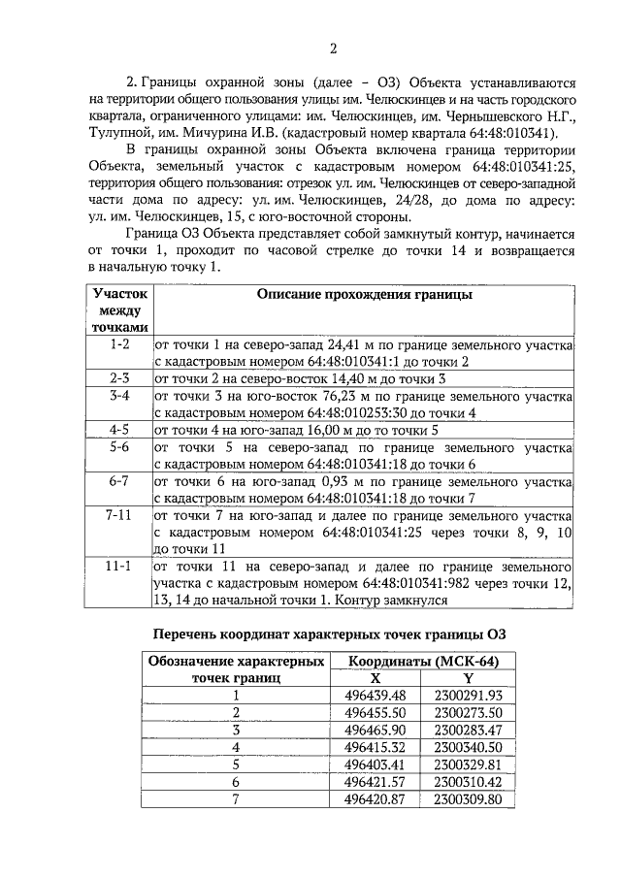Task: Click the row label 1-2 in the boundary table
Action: tap(120, 344)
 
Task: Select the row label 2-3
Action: tap(120, 378)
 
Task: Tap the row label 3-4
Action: tap(120, 396)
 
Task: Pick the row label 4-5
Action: tap(120, 430)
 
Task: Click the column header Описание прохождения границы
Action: tap(364, 295)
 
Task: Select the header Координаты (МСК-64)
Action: tap(422, 661)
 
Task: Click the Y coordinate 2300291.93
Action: tap(468, 695)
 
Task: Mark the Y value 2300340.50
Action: tap(468, 746)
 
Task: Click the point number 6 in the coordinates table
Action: tap(236, 781)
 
